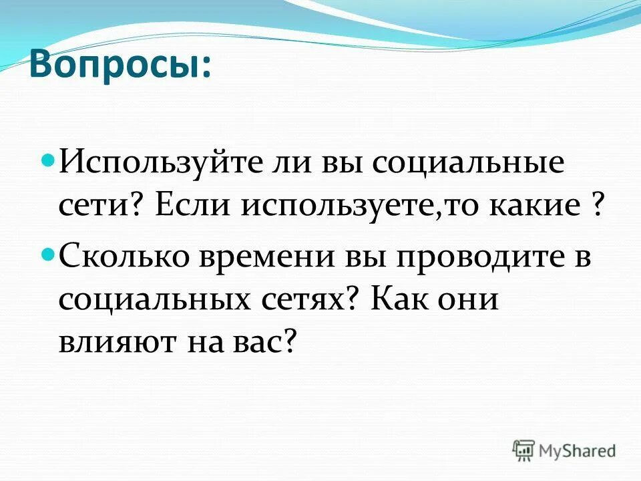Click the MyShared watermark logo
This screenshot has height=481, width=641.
(x=564, y=450)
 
